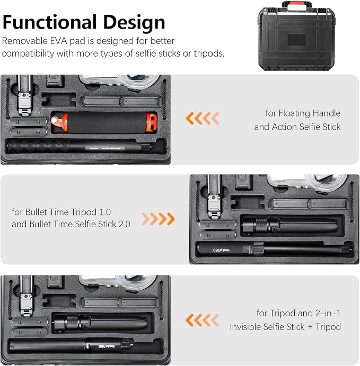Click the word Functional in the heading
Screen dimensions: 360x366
pos(49,22)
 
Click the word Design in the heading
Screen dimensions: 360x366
pos(134,22)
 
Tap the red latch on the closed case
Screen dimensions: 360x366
pos(297,6)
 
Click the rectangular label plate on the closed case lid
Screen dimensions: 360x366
pos(297,40)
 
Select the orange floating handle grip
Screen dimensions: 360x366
pos(104,122)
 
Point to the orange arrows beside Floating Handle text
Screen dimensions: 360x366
pos(203,118)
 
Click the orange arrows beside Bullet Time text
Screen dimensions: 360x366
pos(158,219)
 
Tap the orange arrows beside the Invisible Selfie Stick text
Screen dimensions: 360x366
pos(203,320)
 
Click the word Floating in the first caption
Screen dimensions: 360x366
pos(294,113)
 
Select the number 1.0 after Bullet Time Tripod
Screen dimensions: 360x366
pos(105,212)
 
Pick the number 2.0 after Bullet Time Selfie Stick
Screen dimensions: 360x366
pos(125,224)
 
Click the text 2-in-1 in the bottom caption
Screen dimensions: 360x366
pos(328,313)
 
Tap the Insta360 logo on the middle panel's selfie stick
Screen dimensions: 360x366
pos(221,250)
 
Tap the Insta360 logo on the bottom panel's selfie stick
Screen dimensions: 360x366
pos(107,346)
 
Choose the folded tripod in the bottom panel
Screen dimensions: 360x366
pos(100,322)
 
